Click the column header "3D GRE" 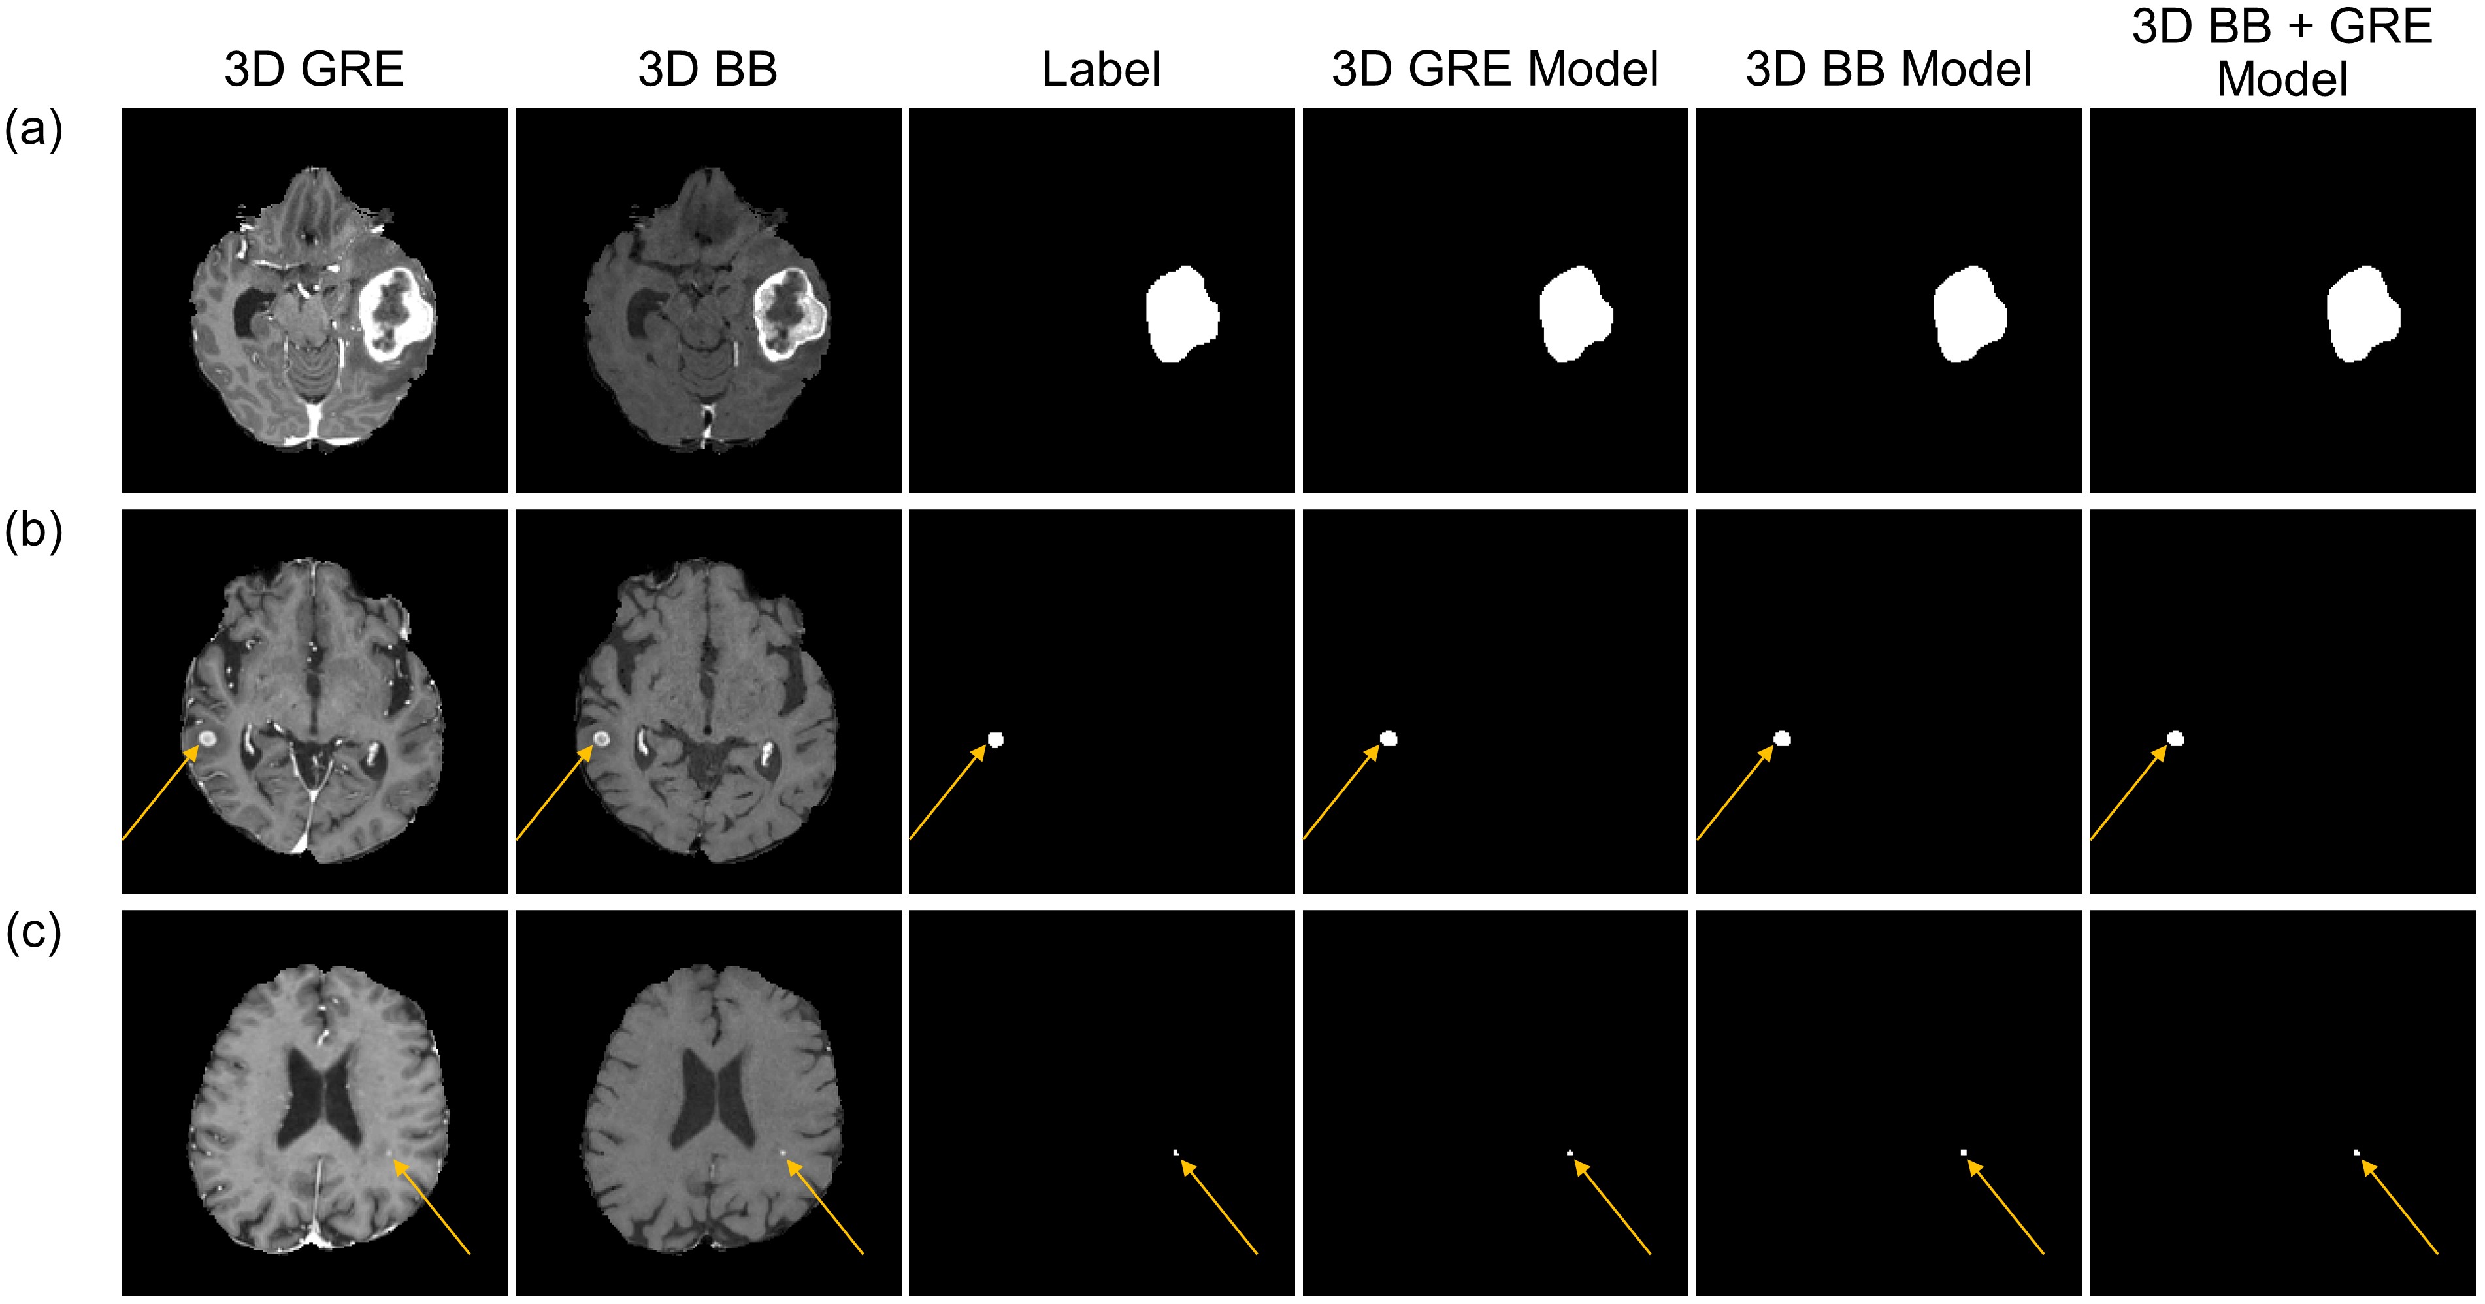click(x=314, y=69)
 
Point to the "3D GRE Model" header click(x=1494, y=69)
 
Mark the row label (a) click(x=34, y=128)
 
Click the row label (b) click(x=34, y=530)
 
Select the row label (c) click(x=34, y=932)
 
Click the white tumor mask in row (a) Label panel click(x=1181, y=314)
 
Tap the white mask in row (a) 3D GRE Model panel click(x=1574, y=314)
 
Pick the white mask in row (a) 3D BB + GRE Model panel click(x=2362, y=314)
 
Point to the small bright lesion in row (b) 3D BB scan click(x=600, y=740)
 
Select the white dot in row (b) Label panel click(x=996, y=740)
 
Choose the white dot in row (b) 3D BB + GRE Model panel click(x=2175, y=740)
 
